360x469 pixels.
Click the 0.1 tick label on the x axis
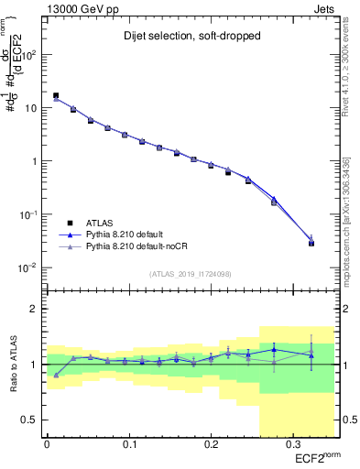(x=128, y=445)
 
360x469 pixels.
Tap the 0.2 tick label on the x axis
(x=209, y=445)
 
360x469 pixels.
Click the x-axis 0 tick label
(x=47, y=445)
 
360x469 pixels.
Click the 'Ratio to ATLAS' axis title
(x=12, y=364)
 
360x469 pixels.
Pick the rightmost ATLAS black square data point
(x=311, y=243)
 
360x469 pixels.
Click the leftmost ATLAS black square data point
(x=56, y=95)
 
